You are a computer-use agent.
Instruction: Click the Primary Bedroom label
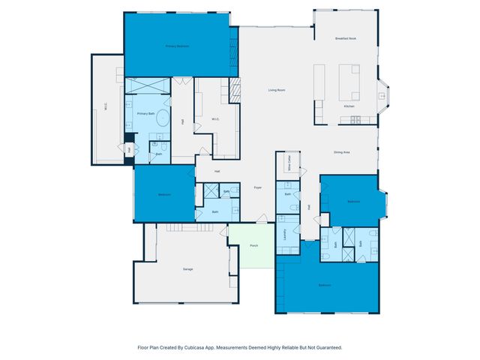(177, 46)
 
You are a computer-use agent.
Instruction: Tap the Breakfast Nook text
(346, 38)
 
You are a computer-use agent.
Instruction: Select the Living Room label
(277, 91)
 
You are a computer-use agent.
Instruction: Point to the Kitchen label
(349, 106)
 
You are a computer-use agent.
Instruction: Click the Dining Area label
(342, 153)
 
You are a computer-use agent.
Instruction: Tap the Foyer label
(257, 187)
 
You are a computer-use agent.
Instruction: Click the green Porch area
(253, 245)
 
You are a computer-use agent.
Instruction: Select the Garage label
(187, 268)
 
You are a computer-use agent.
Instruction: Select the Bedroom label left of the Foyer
(164, 195)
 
